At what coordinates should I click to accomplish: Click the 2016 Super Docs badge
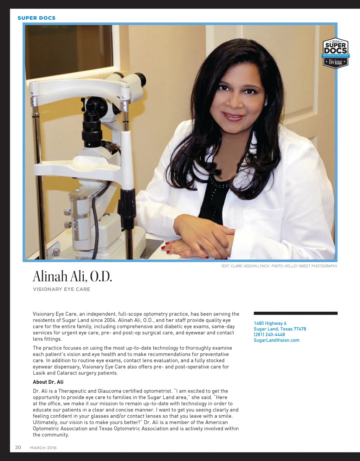pyautogui.click(x=335, y=53)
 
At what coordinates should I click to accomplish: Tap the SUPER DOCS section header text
pyautogui.click(x=37, y=18)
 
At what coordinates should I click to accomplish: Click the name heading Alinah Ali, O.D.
pyautogui.click(x=72, y=277)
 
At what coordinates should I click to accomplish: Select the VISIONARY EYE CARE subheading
pyautogui.click(x=62, y=289)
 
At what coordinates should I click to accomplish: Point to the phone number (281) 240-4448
pyautogui.click(x=269, y=335)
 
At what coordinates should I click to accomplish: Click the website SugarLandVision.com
pyautogui.click(x=277, y=340)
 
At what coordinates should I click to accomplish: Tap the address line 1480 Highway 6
pyautogui.click(x=270, y=323)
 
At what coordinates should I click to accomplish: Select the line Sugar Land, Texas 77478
pyautogui.click(x=280, y=329)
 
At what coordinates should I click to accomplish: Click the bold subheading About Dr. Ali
pyautogui.click(x=48, y=382)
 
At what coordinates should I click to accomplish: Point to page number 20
pyautogui.click(x=18, y=447)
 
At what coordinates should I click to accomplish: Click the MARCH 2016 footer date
pyautogui.click(x=43, y=448)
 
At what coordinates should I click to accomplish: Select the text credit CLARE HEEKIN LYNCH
pyautogui.click(x=250, y=266)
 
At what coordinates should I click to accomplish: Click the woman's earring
pyautogui.click(x=266, y=103)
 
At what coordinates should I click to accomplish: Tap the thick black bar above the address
pyautogui.click(x=295, y=313)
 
